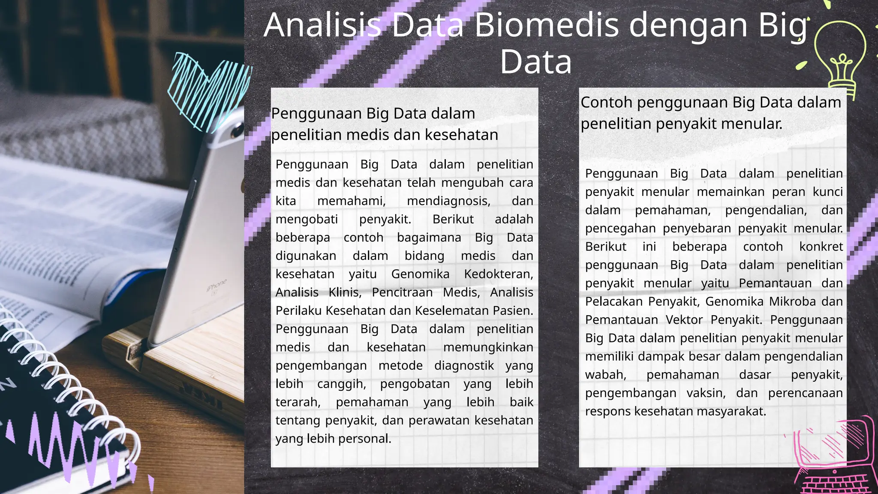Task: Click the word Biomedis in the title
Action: coord(547,25)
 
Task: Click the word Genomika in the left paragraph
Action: coord(420,274)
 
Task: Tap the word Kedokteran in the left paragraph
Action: coord(498,274)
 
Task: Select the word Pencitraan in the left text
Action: coord(402,292)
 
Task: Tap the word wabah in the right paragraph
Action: coord(605,375)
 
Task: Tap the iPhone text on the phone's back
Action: coord(216,285)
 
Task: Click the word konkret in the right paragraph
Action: coord(821,247)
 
